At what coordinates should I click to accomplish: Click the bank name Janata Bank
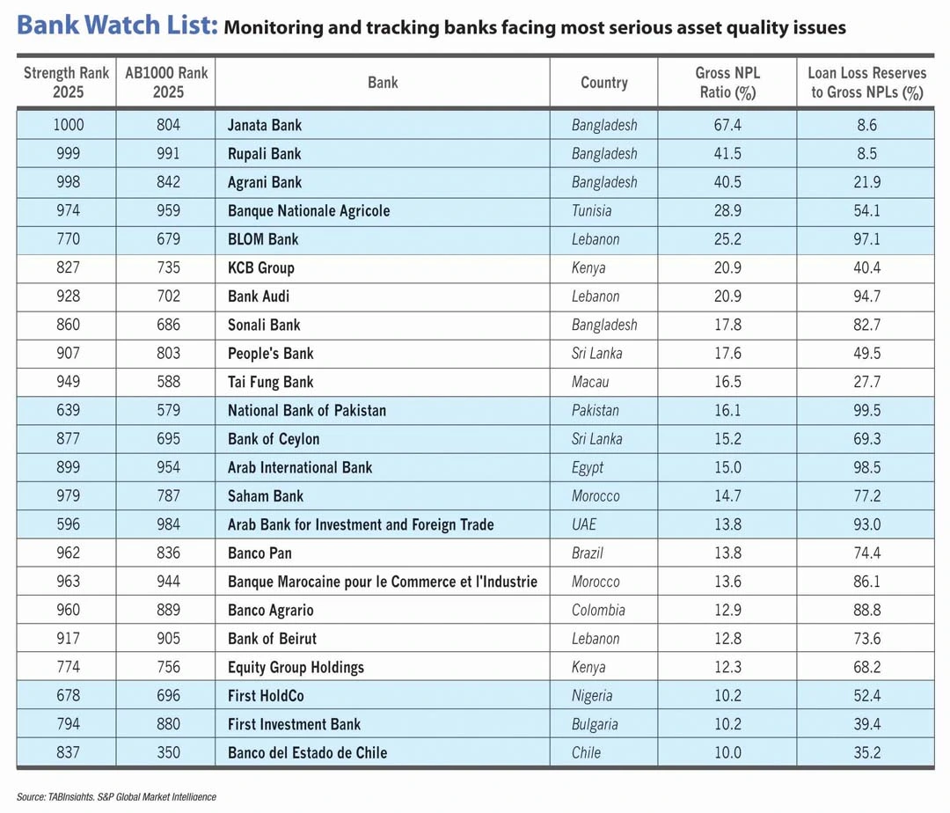point(264,125)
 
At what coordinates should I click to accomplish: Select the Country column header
point(603,83)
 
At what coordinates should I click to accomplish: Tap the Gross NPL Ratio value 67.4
point(727,125)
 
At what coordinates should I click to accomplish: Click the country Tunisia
point(591,211)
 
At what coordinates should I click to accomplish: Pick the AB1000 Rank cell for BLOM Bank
point(168,239)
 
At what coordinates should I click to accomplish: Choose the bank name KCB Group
point(260,267)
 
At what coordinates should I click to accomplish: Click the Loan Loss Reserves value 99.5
point(866,410)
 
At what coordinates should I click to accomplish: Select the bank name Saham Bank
point(265,496)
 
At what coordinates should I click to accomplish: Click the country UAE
point(583,524)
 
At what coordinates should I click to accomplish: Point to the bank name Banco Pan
point(259,553)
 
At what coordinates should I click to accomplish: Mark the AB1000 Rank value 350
point(168,752)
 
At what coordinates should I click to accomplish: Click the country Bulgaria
point(595,724)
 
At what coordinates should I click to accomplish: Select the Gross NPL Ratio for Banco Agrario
point(727,610)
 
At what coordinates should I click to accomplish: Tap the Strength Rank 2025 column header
point(67,82)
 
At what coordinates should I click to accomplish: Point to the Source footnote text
point(116,796)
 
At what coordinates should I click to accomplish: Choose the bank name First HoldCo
point(266,696)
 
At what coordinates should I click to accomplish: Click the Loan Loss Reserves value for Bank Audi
point(866,297)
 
